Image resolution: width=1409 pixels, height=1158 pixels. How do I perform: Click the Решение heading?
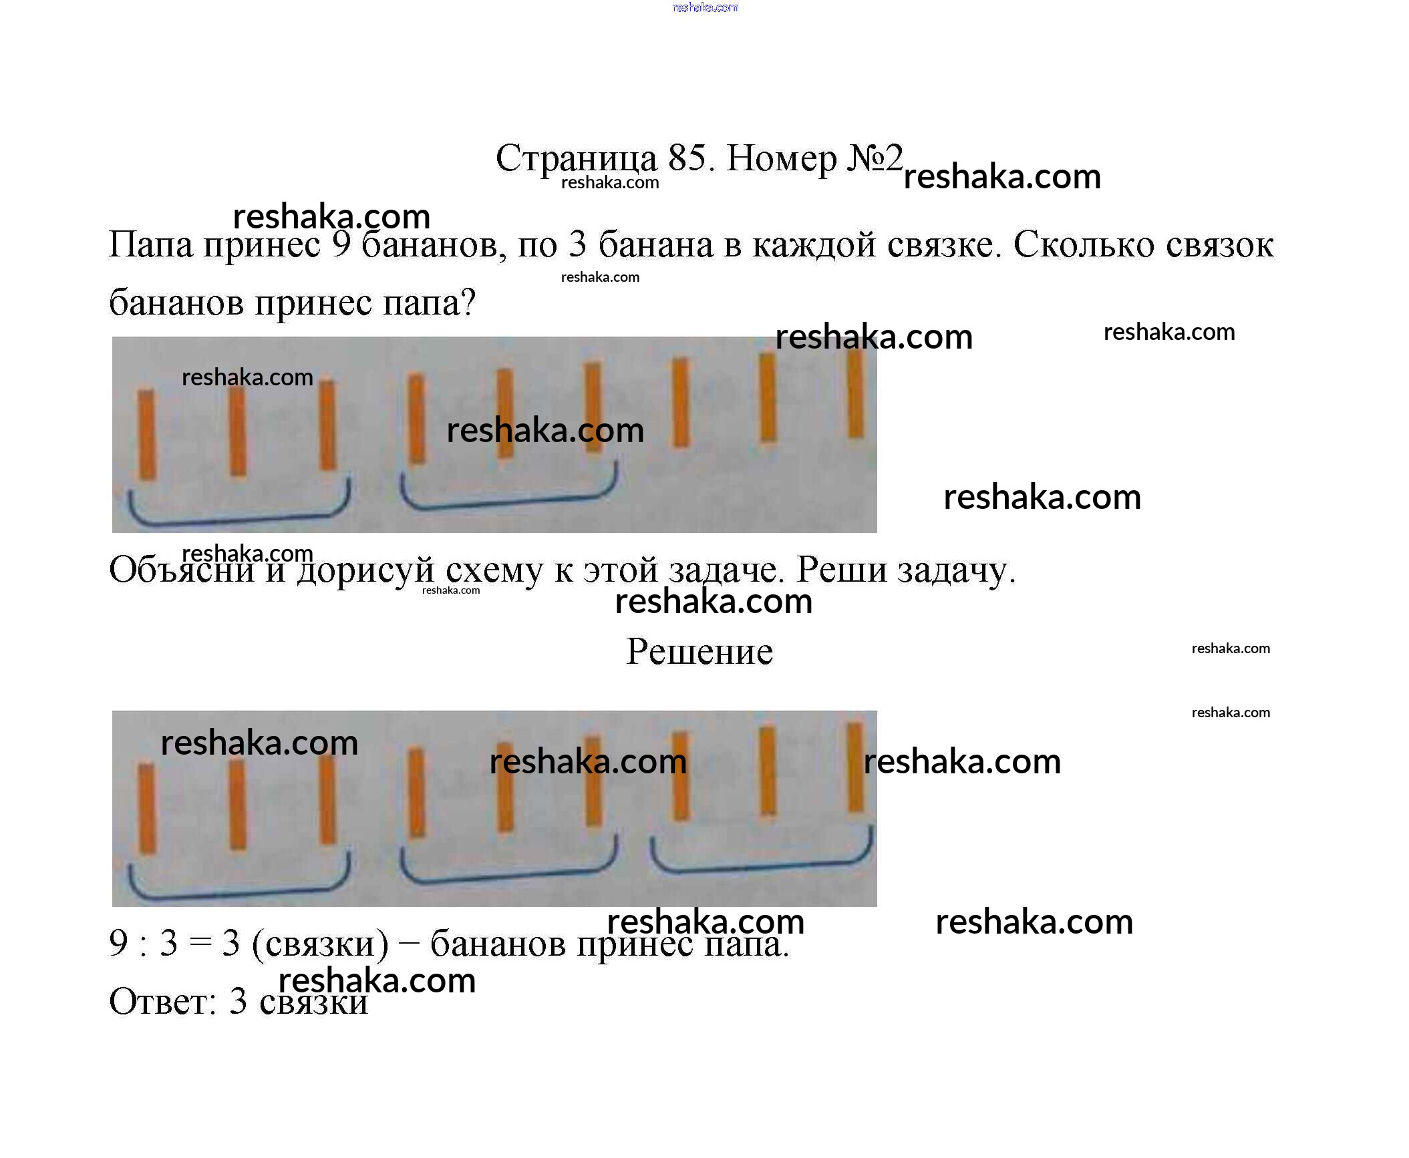point(699,651)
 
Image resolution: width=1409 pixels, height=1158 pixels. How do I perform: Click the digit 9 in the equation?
point(118,943)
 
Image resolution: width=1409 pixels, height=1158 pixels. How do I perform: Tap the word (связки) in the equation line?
point(320,944)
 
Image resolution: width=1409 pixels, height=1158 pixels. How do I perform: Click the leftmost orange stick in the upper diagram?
point(146,434)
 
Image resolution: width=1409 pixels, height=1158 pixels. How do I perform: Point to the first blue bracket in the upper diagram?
point(239,515)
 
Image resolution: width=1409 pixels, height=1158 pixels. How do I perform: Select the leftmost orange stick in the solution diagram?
point(146,808)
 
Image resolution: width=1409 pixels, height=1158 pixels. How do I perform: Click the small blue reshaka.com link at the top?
point(705,7)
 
